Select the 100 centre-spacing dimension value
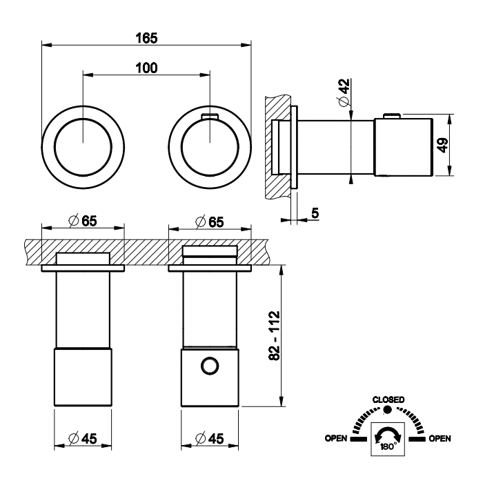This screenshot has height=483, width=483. tap(146, 67)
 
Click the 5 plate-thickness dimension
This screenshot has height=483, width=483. tap(315, 214)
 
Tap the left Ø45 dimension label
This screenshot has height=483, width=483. tap(83, 437)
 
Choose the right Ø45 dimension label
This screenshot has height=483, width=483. tap(210, 437)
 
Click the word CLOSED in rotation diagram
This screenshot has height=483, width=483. tap(388, 400)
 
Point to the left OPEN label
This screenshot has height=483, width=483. tap(337, 438)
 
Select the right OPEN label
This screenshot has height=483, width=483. tap(440, 438)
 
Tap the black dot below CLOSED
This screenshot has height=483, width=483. tap(388, 410)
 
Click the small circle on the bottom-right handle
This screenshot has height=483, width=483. tap(209, 366)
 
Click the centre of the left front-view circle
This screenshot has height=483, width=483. tap(83, 141)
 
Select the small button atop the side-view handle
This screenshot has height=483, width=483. tap(391, 116)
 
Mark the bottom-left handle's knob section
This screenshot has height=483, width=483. tap(83, 378)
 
